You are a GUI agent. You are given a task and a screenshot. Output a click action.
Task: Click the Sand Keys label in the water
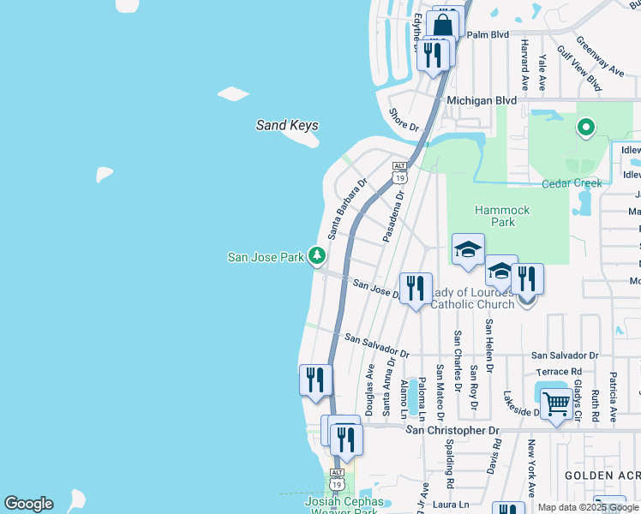287,125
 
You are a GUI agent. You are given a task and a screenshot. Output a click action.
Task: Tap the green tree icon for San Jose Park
317,255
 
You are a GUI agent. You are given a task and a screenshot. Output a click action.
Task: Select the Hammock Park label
502,216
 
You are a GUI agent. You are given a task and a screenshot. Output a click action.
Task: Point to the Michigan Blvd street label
482,100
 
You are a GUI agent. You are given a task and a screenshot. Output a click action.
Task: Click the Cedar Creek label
572,182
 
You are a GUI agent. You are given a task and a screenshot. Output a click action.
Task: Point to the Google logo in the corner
28,504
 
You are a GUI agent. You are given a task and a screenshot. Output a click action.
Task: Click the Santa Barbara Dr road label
345,208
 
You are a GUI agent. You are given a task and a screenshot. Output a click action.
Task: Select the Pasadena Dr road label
393,217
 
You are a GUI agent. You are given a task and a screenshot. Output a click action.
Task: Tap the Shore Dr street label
404,120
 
